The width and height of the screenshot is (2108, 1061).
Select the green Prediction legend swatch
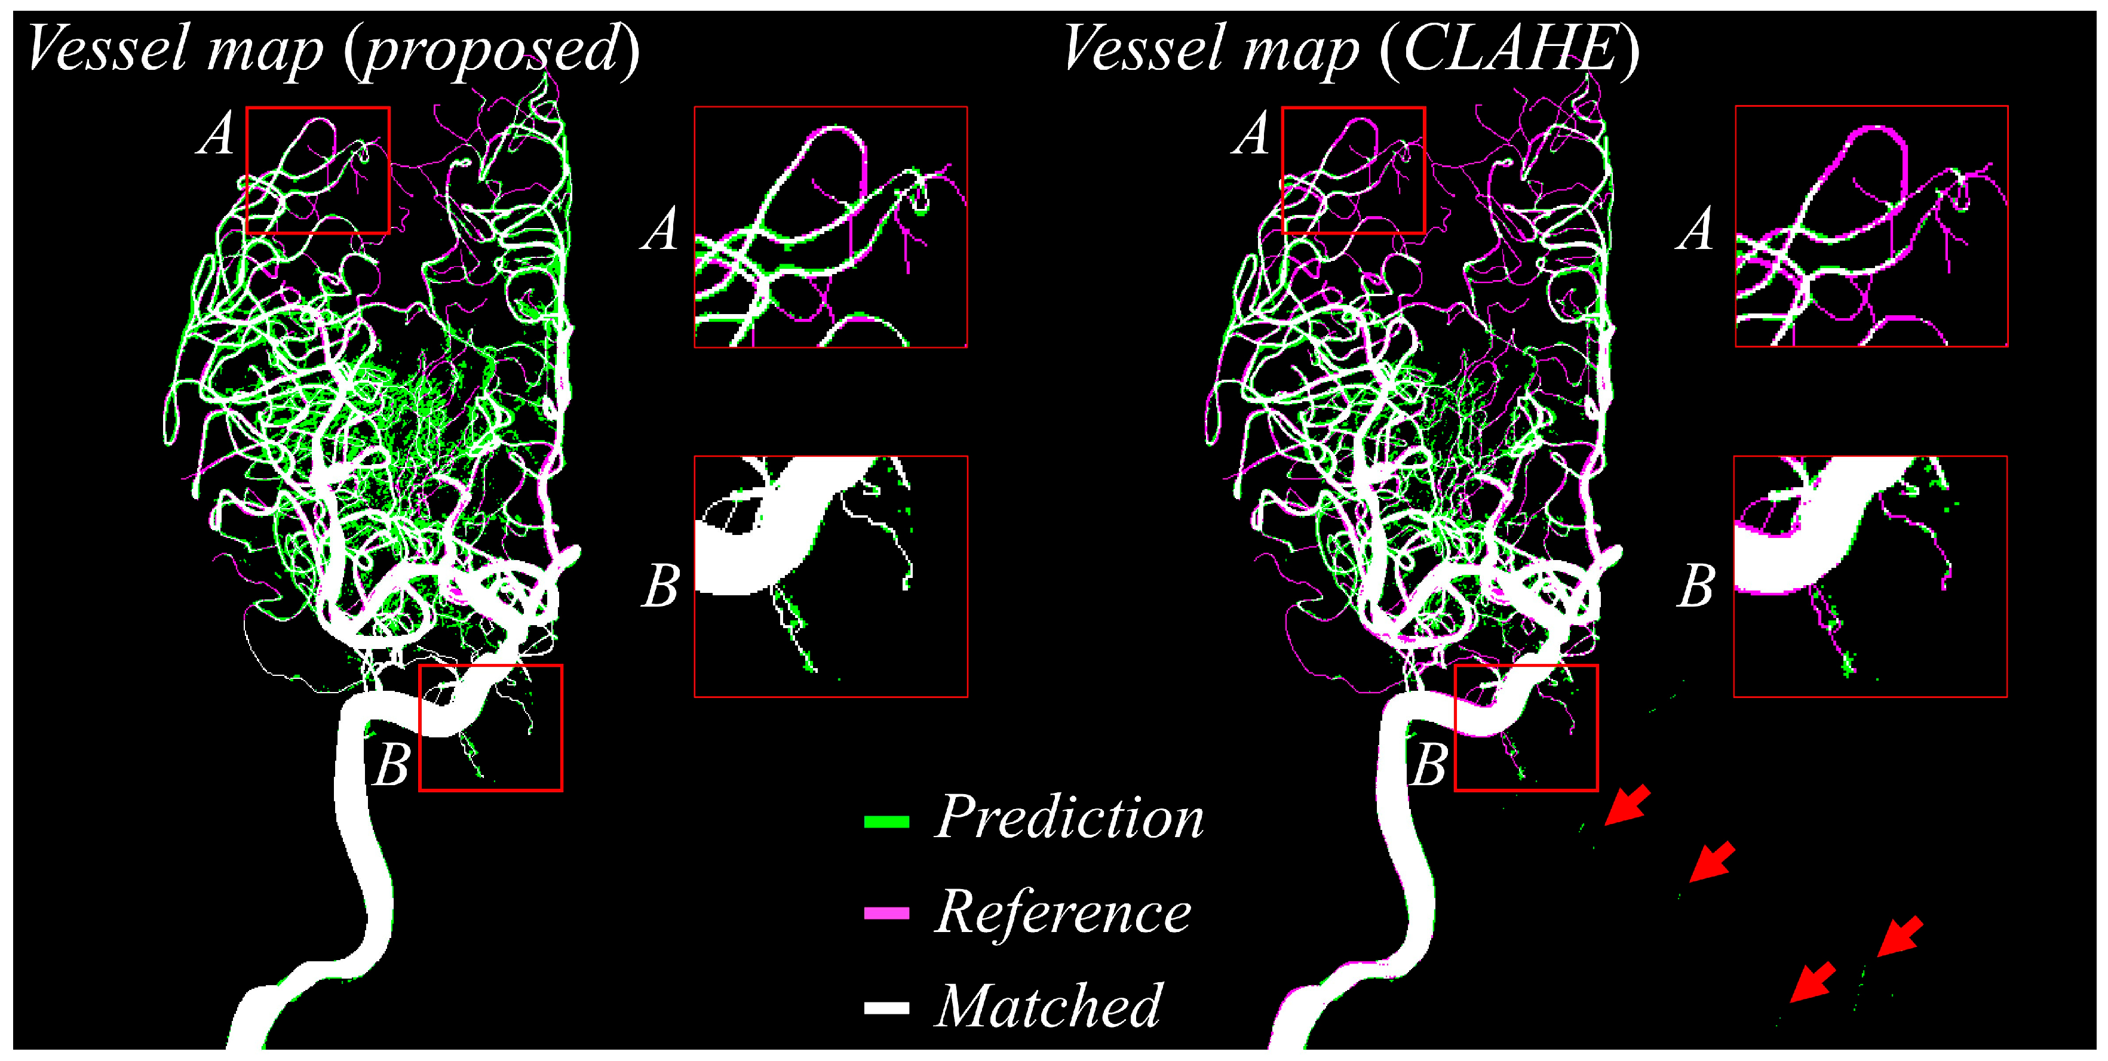[886, 822]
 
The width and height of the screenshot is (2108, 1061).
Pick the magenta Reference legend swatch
[886, 913]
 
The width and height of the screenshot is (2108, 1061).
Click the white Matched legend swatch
[886, 1008]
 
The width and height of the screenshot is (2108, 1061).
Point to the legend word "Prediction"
[1069, 817]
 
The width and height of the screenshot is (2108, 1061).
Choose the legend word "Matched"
[1048, 1006]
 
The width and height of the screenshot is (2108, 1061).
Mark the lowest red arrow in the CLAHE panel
[1812, 982]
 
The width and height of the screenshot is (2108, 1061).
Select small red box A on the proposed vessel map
[318, 170]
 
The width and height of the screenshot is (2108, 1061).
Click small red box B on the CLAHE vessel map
[1526, 728]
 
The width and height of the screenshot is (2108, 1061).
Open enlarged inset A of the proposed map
[831, 227]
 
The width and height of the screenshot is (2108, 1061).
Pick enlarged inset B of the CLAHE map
[1870, 577]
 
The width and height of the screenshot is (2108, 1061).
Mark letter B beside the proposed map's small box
[391, 765]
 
